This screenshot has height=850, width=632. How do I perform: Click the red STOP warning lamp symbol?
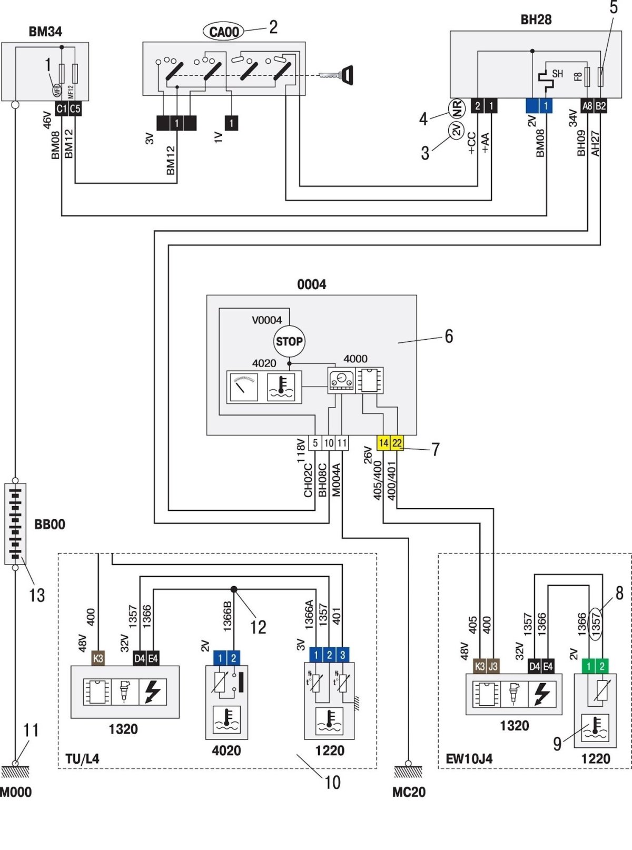(289, 341)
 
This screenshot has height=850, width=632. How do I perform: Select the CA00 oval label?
(224, 32)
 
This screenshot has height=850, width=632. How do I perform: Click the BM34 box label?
(45, 32)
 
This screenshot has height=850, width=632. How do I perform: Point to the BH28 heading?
(536, 20)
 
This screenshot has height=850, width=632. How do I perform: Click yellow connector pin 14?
(383, 443)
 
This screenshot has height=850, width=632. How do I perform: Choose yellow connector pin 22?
(397, 443)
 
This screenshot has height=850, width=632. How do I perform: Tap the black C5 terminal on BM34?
(75, 108)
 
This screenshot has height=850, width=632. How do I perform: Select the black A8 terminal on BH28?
(587, 106)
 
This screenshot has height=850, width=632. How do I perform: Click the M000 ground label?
(16, 792)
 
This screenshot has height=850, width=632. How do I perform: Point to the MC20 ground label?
(409, 792)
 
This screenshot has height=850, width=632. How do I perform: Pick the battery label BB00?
(50, 525)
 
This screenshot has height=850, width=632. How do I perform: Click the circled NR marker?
(457, 108)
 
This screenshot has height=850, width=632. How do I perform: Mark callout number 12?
(258, 627)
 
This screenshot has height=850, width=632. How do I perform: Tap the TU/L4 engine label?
(82, 759)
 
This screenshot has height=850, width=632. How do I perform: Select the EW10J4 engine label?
(469, 759)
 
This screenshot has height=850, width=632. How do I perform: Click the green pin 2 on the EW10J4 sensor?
(602, 666)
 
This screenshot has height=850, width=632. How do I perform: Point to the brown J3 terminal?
(493, 666)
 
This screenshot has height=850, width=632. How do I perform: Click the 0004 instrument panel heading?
(311, 285)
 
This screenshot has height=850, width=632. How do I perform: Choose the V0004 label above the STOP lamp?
(266, 320)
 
